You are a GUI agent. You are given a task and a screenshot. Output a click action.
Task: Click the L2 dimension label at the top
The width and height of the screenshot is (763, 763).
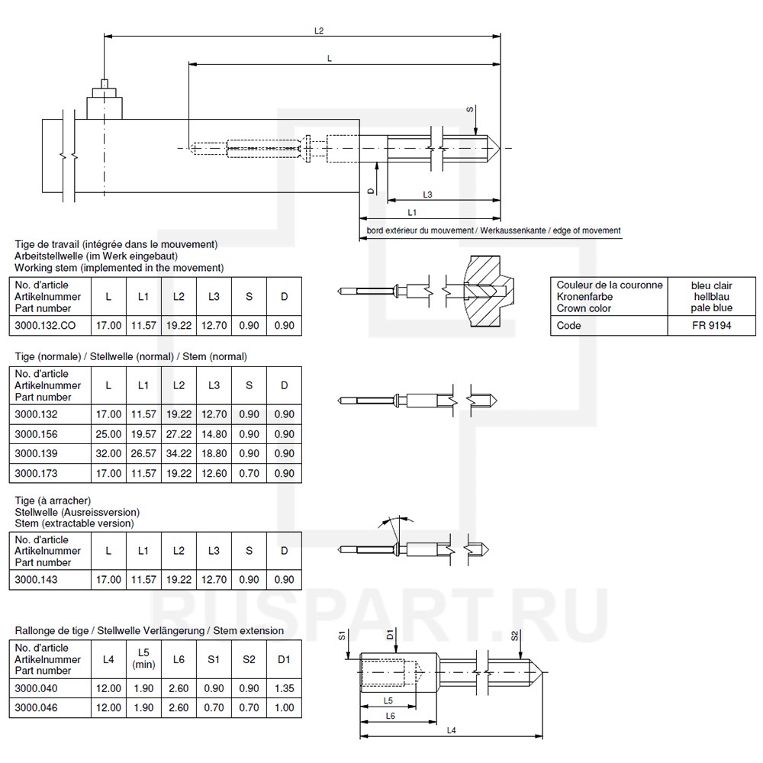pyautogui.click(x=319, y=31)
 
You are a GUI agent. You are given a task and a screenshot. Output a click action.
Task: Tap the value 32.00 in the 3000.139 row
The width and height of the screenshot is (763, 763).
pyautogui.click(x=108, y=454)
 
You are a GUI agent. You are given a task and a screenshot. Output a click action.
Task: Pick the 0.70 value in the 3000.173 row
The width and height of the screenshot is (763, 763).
pyautogui.click(x=249, y=473)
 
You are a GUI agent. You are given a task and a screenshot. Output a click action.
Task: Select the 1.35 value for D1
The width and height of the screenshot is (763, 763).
pyautogui.click(x=283, y=688)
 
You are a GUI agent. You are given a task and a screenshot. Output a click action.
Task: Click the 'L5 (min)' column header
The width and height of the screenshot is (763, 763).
pyautogui.click(x=143, y=659)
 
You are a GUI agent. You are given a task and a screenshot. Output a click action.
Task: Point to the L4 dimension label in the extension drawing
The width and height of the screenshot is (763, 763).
pyautogui.click(x=450, y=730)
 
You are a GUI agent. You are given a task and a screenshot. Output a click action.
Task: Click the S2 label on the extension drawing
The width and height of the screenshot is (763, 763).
pyautogui.click(x=515, y=636)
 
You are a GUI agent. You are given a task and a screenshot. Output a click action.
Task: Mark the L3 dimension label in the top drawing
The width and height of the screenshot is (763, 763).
pyautogui.click(x=427, y=195)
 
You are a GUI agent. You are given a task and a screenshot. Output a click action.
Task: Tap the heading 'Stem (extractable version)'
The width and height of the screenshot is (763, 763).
pyautogui.click(x=75, y=523)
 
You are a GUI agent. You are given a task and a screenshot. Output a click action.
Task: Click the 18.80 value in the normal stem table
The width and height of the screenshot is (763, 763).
pyautogui.click(x=214, y=454)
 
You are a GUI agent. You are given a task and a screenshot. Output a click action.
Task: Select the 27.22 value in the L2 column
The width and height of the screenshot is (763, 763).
pyautogui.click(x=179, y=434)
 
